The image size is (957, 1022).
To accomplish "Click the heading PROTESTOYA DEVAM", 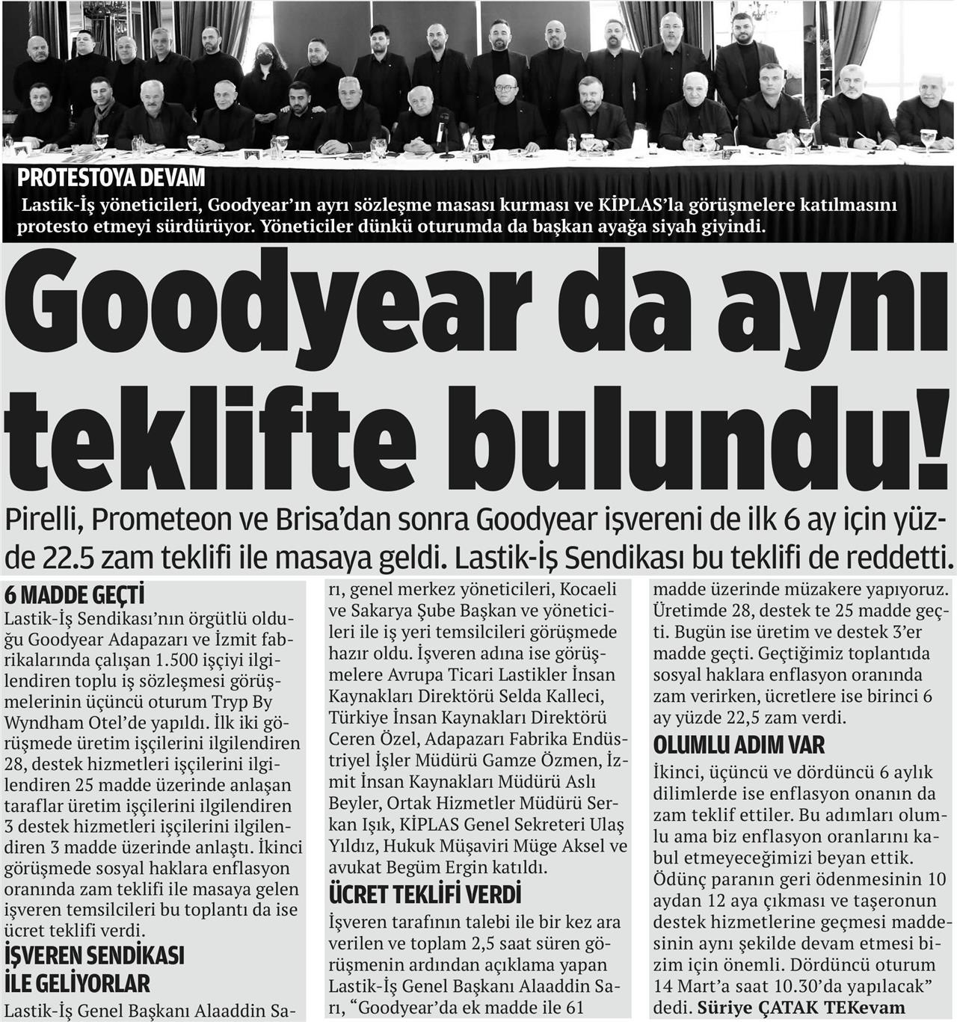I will click(x=111, y=179).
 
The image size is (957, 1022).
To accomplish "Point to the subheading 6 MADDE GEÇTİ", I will click(x=74, y=595).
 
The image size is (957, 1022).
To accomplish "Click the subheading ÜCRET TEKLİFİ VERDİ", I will click(x=425, y=895).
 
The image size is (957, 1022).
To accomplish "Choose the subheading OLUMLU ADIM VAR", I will click(x=739, y=745).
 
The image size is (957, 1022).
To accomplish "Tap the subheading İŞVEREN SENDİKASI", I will click(x=94, y=955).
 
